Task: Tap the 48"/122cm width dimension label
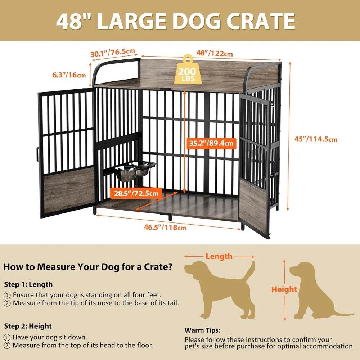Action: point(215,53)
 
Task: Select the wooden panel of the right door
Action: point(253,204)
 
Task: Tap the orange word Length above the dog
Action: point(219,256)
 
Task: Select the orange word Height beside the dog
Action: point(284,289)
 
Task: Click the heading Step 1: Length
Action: point(28,284)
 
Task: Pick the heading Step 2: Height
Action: point(28,326)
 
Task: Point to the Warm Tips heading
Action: point(202,330)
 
